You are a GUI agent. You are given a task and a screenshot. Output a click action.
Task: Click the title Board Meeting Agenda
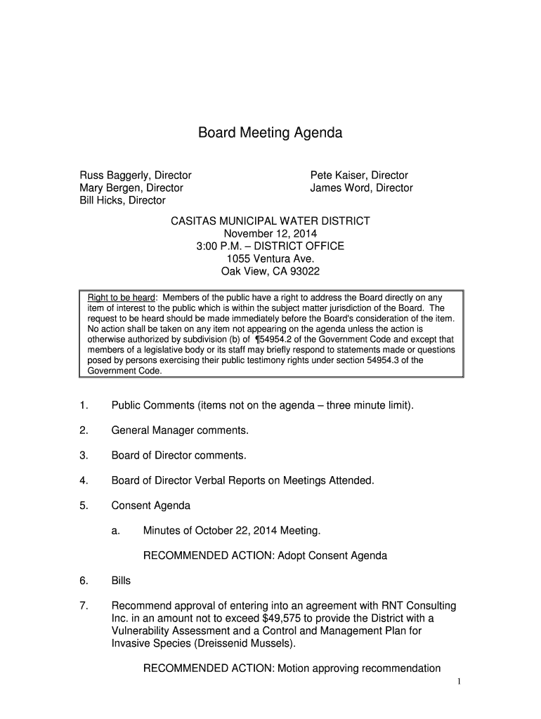point(270,133)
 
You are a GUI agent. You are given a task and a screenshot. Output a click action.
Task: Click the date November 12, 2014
point(270,234)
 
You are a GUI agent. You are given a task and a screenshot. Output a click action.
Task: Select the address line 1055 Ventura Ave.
point(270,259)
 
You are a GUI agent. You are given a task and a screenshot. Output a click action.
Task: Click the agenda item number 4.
point(83,481)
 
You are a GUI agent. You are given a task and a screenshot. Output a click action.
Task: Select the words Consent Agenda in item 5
point(150,506)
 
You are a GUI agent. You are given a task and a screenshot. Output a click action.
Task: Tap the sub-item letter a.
point(115,531)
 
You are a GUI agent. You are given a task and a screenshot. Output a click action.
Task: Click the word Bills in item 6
point(121,581)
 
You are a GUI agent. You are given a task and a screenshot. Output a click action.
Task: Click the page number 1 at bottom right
point(457,682)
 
